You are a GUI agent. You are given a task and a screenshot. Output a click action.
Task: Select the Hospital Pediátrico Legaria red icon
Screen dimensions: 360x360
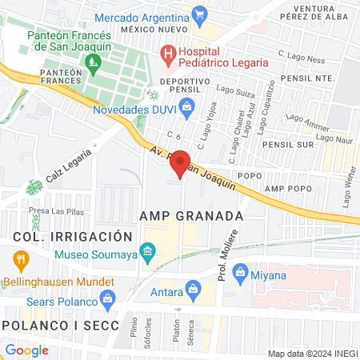point(168,54)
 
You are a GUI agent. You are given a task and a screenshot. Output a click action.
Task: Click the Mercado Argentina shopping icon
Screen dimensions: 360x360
point(200,14)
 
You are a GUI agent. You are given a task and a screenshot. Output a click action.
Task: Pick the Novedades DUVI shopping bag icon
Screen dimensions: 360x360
point(186,106)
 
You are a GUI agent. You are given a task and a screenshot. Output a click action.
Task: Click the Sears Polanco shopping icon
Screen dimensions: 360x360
point(107,300)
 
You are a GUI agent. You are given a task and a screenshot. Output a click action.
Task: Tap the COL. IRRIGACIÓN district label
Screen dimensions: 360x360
point(72,237)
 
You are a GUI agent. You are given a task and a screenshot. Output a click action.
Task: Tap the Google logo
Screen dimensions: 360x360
point(27,350)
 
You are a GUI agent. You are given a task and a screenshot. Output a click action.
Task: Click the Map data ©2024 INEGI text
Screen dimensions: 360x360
point(311,354)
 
